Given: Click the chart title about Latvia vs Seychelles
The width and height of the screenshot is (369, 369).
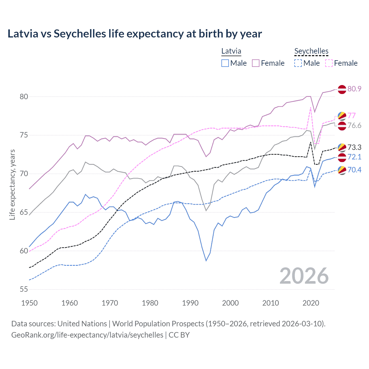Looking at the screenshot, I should pyautogui.click(x=135, y=34).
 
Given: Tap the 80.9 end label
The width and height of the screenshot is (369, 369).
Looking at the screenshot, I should pyautogui.click(x=354, y=89).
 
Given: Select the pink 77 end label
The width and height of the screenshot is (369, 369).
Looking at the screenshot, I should pyautogui.click(x=351, y=116).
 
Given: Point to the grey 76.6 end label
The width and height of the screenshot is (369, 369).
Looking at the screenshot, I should pyautogui.click(x=354, y=125).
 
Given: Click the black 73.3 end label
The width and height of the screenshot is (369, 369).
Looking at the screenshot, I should pyautogui.click(x=354, y=147).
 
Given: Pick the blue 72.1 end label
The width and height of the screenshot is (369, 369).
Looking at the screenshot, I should pyautogui.click(x=354, y=157).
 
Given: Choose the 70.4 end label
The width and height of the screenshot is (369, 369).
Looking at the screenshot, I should pyautogui.click(x=354, y=170).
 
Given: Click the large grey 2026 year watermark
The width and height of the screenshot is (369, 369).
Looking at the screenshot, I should pyautogui.click(x=304, y=276).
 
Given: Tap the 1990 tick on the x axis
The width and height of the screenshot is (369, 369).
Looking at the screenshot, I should pyautogui.click(x=190, y=303).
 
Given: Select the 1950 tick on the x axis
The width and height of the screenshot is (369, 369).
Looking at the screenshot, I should pyautogui.click(x=29, y=303).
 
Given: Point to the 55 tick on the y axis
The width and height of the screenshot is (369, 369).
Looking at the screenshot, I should pyautogui.click(x=24, y=289).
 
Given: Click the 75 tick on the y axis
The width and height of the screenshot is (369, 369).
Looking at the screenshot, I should pyautogui.click(x=24, y=135).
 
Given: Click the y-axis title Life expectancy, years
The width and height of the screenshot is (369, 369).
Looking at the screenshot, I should pyautogui.click(x=12, y=184).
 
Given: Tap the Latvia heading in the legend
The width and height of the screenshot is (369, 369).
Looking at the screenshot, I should pyautogui.click(x=231, y=51).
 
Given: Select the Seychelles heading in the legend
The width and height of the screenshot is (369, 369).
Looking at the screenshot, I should pyautogui.click(x=311, y=51).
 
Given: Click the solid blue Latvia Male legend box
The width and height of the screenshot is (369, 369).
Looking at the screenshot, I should pyautogui.click(x=225, y=63).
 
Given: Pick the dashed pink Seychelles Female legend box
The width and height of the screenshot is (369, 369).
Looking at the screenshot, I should pyautogui.click(x=329, y=63).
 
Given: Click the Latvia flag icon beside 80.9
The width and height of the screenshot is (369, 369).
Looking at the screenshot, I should pyautogui.click(x=342, y=89).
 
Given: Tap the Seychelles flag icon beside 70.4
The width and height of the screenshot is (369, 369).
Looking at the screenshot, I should pyautogui.click(x=342, y=170).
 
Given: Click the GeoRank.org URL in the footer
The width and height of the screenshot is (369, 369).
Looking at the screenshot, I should pyautogui.click(x=87, y=335).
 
